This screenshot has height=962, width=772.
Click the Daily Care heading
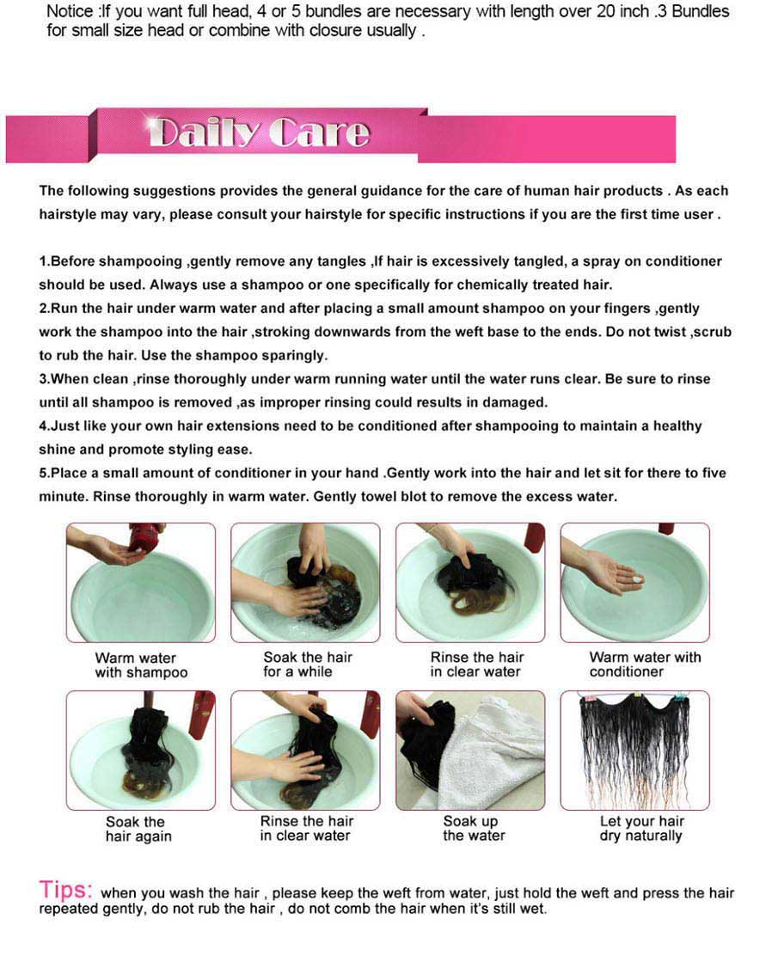259,132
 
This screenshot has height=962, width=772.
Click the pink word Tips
65,889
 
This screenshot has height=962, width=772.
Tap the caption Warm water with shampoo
141,665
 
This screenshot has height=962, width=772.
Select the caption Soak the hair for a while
308,665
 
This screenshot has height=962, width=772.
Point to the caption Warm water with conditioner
645,665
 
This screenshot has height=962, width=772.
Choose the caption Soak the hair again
138,829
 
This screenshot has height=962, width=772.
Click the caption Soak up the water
474,828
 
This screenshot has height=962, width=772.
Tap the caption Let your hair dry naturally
641,828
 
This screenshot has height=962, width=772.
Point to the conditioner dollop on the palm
636,579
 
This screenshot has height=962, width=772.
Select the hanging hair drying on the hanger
634,750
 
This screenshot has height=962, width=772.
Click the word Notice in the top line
70,12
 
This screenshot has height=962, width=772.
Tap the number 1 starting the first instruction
43,261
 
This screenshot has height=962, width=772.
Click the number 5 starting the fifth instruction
43,473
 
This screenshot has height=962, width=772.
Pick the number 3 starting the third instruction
43,379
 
